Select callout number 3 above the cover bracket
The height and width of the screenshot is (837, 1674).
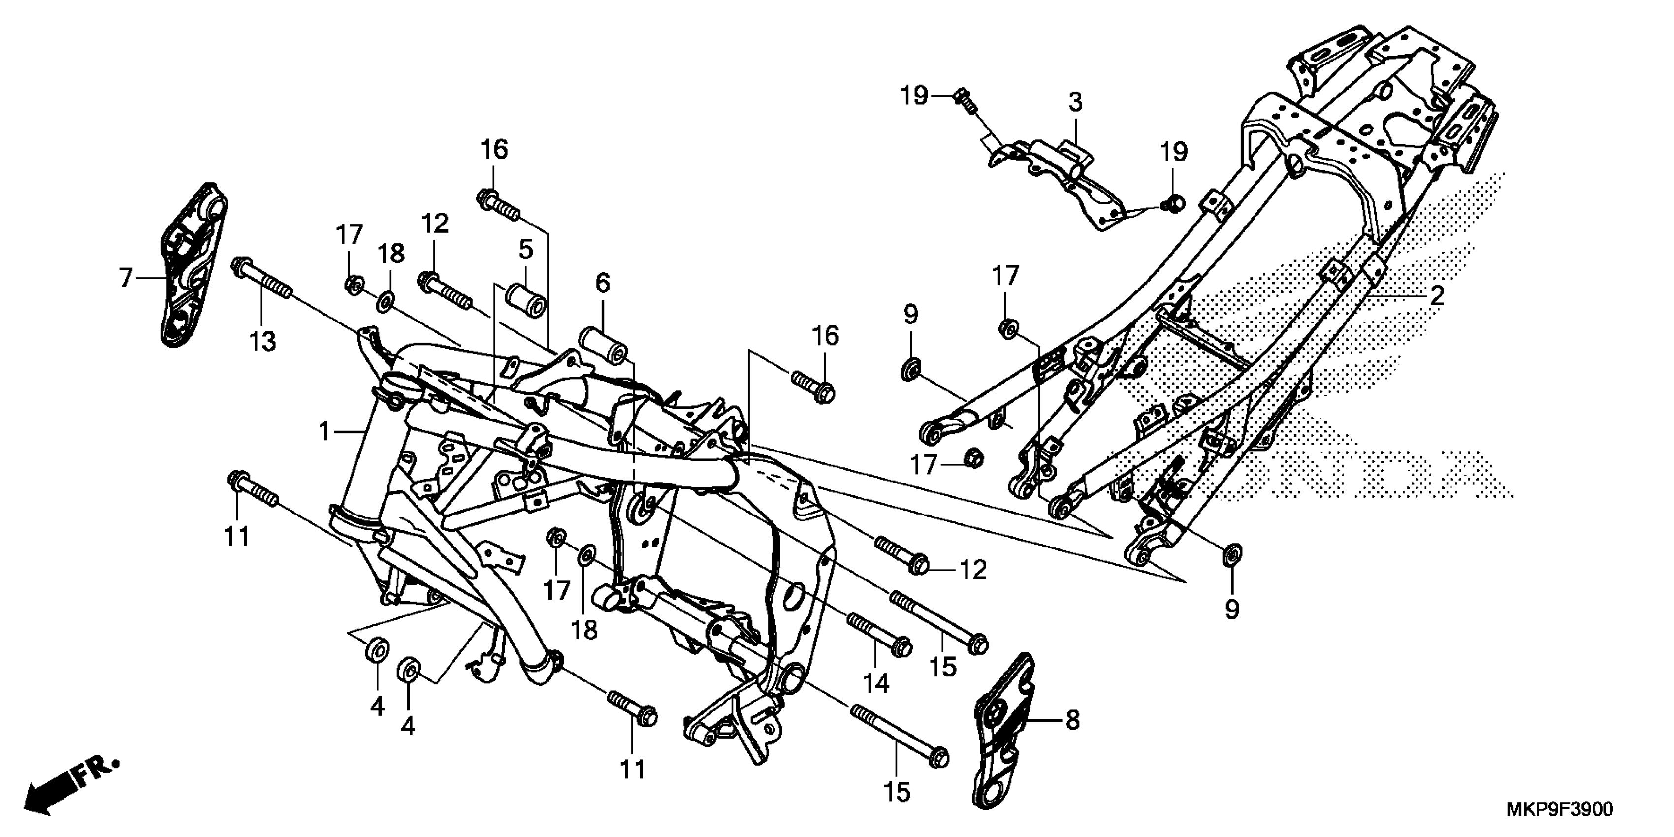coord(1075,103)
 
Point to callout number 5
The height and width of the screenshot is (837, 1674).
coord(526,249)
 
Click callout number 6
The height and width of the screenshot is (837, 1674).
coord(603,283)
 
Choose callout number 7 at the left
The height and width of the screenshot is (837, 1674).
coord(126,278)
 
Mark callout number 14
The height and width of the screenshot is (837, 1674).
coord(875,683)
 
